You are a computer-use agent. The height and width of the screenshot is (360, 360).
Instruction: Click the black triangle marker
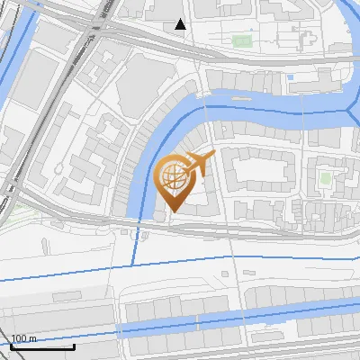pos(180,24)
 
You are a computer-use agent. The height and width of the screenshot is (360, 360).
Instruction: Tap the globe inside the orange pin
pos(173,176)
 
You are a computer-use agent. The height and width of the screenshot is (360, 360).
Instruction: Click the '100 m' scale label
pos(23,338)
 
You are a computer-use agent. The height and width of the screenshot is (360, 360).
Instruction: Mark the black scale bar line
pos(42,346)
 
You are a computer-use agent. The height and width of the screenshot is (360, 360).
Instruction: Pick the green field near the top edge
pos(241,40)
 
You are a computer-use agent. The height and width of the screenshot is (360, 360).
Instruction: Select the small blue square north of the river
pos(290,77)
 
